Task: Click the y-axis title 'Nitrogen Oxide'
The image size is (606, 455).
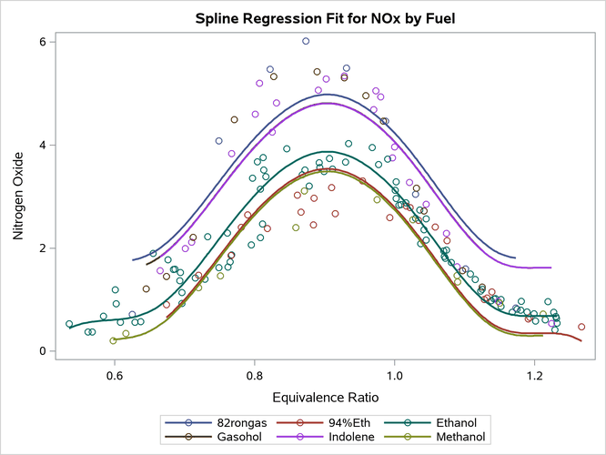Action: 19,196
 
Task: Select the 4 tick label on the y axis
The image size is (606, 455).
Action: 31,145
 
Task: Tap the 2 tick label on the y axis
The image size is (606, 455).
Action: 31,248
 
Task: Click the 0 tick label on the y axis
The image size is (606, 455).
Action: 31,351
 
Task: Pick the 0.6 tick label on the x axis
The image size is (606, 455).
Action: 115,373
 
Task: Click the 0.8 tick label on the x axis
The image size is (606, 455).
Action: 255,373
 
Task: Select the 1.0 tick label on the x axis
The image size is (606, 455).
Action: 395,373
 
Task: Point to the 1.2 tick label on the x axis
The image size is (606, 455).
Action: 535,373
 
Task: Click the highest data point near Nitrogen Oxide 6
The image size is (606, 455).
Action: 306,41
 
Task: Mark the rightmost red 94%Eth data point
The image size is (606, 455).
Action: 581,327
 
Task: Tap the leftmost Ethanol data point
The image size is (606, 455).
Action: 69,324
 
